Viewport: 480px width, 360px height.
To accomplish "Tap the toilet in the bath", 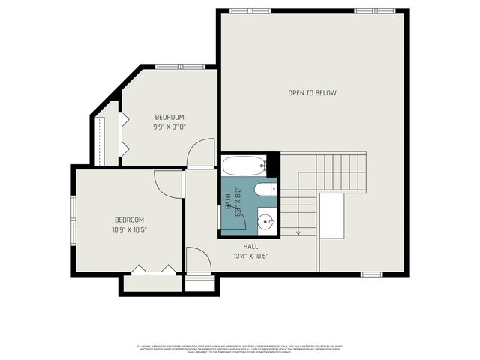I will [265, 190].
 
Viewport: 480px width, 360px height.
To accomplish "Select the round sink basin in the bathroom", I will [266, 221].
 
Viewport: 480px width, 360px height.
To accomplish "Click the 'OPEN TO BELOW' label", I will [313, 93].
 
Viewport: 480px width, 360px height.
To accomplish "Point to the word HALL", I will [251, 246].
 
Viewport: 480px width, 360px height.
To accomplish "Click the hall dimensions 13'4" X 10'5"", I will [251, 256].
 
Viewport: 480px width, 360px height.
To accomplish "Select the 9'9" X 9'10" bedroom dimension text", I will [169, 127].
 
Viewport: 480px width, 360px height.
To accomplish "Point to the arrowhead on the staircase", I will [298, 232].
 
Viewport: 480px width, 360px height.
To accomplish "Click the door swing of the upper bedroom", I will [196, 155].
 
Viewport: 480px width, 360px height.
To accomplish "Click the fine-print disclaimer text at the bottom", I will [240, 348].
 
